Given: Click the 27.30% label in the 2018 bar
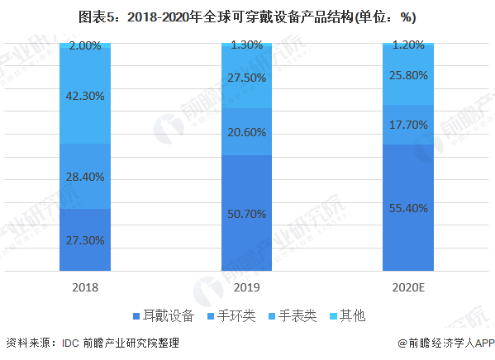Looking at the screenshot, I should (86, 239).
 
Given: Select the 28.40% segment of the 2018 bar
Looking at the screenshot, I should (86, 176).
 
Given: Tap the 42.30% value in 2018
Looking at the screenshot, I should (86, 96).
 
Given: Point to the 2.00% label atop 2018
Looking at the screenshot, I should (86, 46).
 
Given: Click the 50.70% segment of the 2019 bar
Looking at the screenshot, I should (248, 214).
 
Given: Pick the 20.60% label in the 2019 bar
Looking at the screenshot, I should (248, 132).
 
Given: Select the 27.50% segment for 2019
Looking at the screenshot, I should (248, 78).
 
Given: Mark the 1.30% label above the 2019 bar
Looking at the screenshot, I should (248, 46).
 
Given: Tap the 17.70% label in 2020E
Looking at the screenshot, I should (408, 126).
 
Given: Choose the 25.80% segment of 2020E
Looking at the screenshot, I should (408, 75).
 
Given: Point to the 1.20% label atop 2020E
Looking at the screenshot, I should (408, 46).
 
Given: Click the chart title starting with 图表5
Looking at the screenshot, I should (247, 17).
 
